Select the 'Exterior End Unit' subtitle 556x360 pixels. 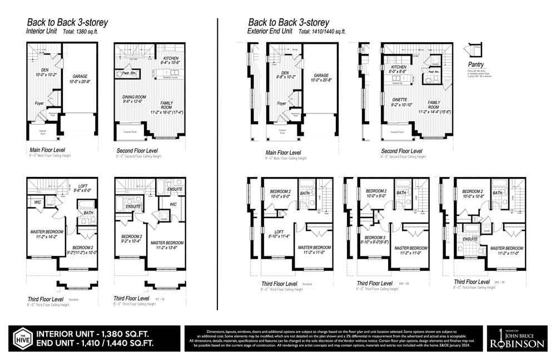(x=270, y=32)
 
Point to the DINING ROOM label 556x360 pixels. (x=133, y=99)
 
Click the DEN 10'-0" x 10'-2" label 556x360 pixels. (x=42, y=73)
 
